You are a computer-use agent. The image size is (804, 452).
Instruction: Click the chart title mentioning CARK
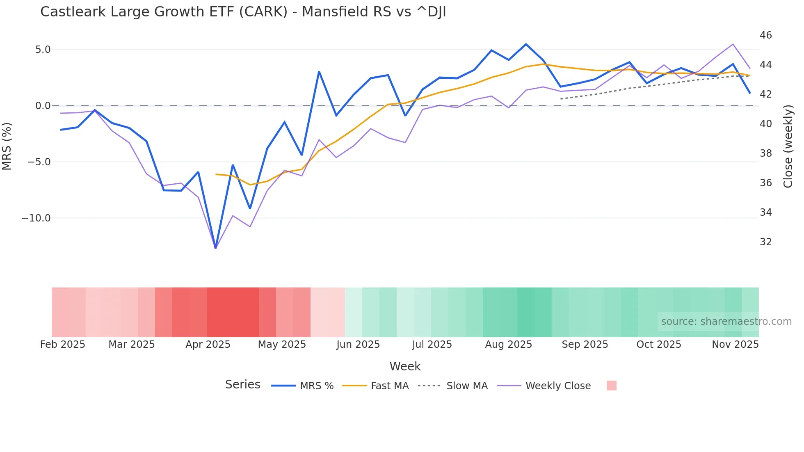point(243,12)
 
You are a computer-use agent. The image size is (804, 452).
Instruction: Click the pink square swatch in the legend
point(611,386)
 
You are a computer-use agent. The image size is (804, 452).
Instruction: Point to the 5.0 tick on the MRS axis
point(43,50)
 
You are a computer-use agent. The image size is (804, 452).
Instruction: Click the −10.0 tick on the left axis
point(36,218)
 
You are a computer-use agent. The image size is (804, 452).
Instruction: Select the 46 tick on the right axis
point(765,35)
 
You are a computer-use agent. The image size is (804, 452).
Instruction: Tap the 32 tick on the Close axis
point(765,242)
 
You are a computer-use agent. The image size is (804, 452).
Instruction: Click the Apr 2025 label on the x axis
point(208,345)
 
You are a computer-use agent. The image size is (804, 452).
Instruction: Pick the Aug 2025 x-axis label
point(508,345)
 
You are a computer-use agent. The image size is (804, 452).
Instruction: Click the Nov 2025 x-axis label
point(735,345)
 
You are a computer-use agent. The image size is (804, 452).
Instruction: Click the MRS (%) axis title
point(7,146)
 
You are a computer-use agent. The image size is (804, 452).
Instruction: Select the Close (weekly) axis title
point(788,146)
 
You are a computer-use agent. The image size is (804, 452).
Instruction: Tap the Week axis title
point(405,366)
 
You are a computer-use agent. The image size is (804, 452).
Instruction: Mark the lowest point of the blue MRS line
point(215,248)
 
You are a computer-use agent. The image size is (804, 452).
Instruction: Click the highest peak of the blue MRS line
point(526,44)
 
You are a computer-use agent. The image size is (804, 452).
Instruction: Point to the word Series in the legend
point(242,385)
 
